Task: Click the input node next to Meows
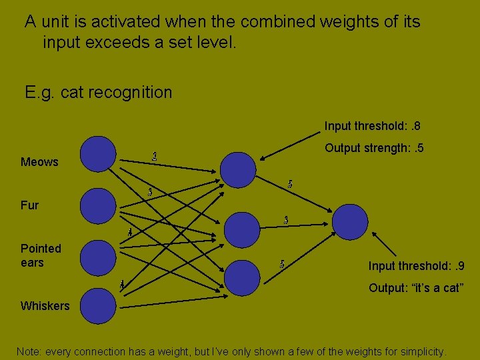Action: point(99,153)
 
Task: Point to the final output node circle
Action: point(350,221)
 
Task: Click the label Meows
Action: point(39,162)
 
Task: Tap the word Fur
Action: point(29,205)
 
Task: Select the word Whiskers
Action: point(45,306)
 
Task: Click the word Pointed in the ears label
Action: point(41,249)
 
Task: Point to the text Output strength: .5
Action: point(373,148)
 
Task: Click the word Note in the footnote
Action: point(28,351)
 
